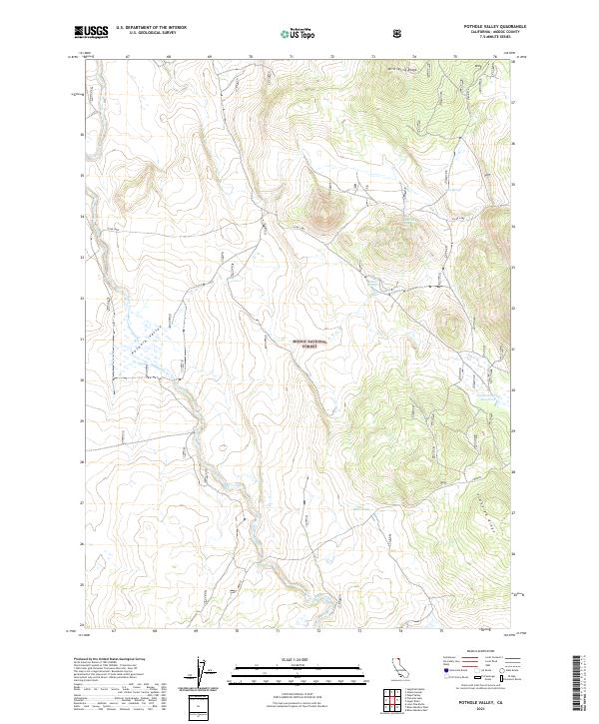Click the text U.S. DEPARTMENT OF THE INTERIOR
click(x=151, y=28)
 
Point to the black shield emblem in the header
click(x=400, y=33)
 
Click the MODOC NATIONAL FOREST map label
click(x=309, y=343)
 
